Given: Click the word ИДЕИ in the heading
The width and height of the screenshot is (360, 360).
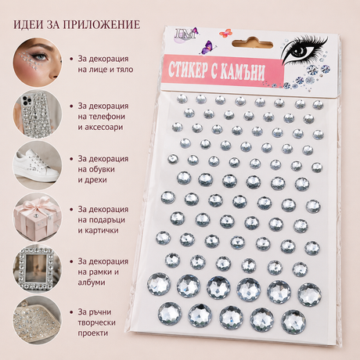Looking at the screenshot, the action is [25, 25].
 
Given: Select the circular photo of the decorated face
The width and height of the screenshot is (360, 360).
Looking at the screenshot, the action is [38, 62].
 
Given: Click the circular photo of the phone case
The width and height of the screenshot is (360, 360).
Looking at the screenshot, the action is [38, 113].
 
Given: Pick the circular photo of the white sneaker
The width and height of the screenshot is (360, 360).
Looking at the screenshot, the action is [38, 165].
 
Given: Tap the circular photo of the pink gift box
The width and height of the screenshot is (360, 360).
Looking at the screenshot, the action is [38, 217].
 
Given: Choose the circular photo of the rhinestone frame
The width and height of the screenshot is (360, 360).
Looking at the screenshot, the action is [38, 268].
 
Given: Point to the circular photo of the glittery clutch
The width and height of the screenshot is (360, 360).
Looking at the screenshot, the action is [38, 320].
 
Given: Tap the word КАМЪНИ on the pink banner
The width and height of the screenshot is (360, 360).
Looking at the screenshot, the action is [243, 71].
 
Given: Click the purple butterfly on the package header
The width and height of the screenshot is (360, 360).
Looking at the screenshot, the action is [208, 47].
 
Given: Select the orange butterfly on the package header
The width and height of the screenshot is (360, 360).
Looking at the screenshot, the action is [225, 33].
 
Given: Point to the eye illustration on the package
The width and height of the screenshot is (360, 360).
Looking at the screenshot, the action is [304, 50].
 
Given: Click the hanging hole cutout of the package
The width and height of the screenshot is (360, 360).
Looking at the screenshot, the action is [252, 43].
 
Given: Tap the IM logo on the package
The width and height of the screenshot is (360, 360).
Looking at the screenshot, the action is [185, 34].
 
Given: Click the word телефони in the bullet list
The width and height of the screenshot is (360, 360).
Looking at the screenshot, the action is [102, 117].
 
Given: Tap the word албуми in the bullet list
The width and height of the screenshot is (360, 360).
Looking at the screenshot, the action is [92, 283].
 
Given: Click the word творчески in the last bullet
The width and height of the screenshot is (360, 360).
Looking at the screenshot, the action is [96, 322].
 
